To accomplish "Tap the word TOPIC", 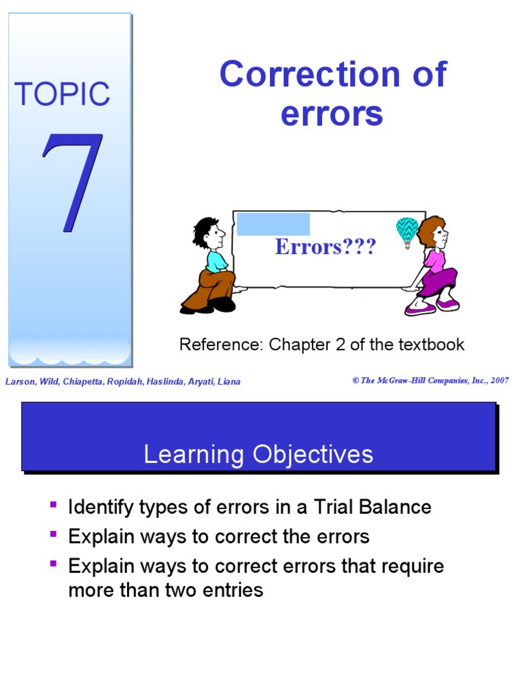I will [62, 94].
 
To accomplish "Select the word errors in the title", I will [332, 114].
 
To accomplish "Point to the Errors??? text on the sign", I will [325, 247].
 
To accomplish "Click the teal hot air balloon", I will [407, 230].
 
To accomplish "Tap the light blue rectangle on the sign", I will [273, 224].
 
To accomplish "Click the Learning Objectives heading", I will [258, 454].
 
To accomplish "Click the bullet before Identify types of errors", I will [54, 505].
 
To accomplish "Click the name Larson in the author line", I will [19, 381].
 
